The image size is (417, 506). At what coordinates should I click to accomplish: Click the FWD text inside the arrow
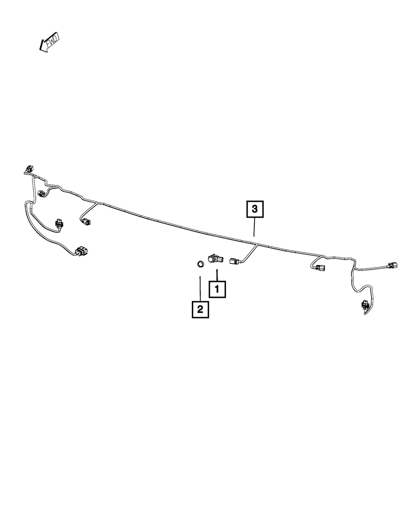52,41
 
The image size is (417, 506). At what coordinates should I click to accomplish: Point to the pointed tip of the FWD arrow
40,50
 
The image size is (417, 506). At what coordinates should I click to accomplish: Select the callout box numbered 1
217,289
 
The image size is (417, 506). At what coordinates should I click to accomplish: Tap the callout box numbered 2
200,309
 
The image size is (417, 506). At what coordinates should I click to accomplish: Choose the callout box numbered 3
255,209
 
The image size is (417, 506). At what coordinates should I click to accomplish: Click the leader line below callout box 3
254,227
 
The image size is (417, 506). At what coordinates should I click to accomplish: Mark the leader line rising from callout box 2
200,288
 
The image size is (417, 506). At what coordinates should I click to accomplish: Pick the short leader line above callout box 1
217,275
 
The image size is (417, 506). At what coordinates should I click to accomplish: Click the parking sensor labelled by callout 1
216,259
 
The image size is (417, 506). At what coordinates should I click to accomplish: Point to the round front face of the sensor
211,260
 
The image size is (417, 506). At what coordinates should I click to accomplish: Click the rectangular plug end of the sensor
221,259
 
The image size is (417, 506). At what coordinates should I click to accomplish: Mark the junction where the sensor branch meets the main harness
257,245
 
